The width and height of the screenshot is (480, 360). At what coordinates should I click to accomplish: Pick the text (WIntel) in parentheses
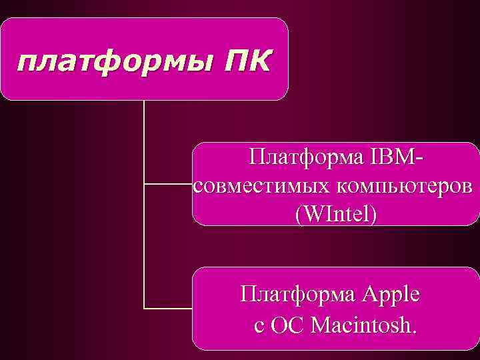click(335, 214)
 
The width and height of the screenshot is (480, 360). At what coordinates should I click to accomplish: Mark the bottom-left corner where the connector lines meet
click(145, 308)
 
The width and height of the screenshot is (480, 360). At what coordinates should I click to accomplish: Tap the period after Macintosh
click(415, 331)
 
